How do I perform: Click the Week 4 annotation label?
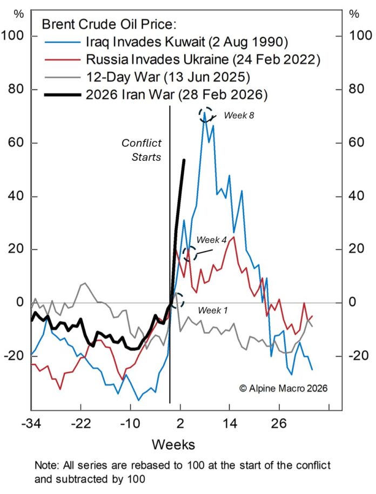point(211,240)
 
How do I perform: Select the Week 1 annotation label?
point(212,310)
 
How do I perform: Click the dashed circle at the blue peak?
point(206,114)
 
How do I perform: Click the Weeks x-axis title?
point(173,445)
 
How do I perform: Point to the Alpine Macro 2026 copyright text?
point(283,388)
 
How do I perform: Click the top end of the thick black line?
point(185,160)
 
